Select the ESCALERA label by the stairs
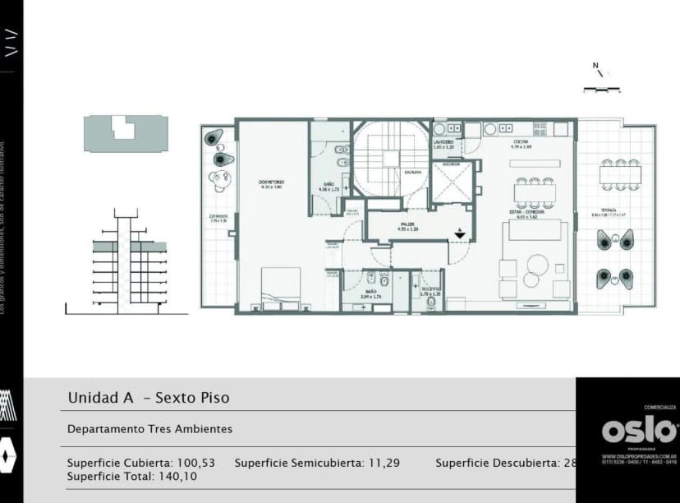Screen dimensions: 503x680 tap(412, 172)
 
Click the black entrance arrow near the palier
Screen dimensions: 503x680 tap(460, 234)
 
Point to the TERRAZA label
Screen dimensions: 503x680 tap(609, 210)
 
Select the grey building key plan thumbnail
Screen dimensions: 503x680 tap(125, 132)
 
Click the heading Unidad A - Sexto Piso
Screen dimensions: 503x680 tap(149, 398)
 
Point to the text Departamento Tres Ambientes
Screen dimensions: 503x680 tap(149, 429)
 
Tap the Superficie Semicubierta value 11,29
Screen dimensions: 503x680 tap(384, 463)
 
